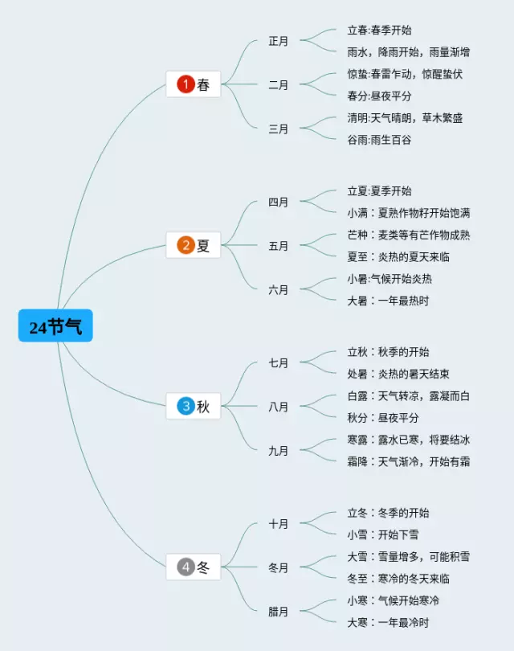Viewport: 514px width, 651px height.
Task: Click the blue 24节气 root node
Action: click(x=55, y=326)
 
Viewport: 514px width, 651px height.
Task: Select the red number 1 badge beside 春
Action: click(x=186, y=84)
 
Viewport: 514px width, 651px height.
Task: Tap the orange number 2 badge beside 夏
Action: click(x=186, y=245)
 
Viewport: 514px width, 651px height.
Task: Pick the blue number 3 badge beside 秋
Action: click(x=186, y=407)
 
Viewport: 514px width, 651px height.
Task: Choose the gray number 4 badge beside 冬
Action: click(x=186, y=567)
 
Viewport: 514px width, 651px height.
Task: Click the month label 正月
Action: click(x=278, y=41)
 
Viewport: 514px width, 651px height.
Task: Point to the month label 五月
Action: click(x=278, y=246)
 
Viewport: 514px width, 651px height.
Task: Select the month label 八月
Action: click(x=278, y=407)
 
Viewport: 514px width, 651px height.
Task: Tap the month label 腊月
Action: click(x=278, y=612)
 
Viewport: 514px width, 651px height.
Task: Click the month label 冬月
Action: click(x=278, y=567)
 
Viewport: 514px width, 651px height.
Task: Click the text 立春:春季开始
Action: click(x=379, y=31)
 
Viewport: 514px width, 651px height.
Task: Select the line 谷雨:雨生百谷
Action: click(x=379, y=140)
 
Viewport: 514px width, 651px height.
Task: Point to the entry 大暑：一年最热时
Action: click(x=388, y=301)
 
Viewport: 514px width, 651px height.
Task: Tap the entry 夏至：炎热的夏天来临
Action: click(x=398, y=257)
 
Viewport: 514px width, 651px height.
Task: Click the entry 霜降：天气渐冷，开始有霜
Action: click(x=409, y=461)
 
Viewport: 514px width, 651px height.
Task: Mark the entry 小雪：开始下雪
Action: click(x=383, y=534)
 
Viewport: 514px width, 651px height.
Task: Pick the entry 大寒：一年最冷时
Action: click(x=388, y=622)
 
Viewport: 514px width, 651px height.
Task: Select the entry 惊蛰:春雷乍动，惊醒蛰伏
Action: click(x=405, y=74)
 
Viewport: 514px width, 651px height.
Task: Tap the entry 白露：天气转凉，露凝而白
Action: click(x=409, y=396)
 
